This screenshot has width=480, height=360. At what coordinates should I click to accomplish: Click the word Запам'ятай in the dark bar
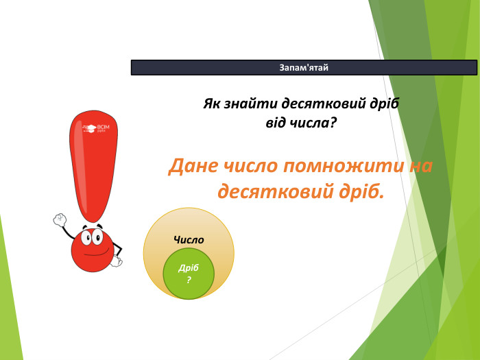[x=304, y=67]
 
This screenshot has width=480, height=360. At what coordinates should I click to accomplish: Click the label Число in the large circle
[x=189, y=240]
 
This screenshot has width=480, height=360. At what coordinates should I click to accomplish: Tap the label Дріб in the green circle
[x=188, y=269]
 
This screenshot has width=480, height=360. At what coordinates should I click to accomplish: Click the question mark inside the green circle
[x=189, y=280]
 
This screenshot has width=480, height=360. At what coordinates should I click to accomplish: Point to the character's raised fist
[x=59, y=220]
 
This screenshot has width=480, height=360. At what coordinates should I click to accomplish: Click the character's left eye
[x=86, y=238]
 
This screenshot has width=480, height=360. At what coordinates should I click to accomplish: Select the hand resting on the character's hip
[x=117, y=261]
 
